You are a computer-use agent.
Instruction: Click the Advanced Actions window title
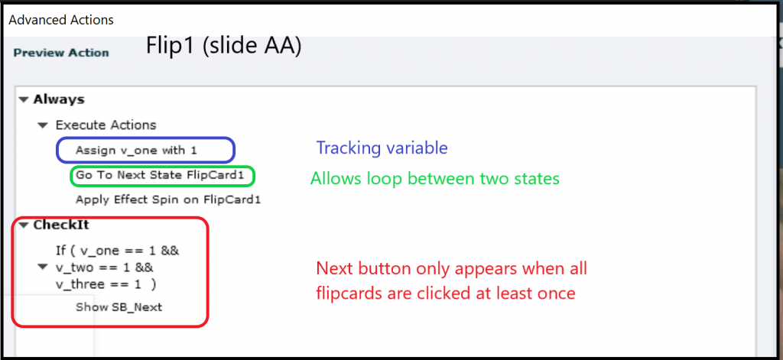tap(61, 21)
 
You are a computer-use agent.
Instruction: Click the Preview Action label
tap(61, 53)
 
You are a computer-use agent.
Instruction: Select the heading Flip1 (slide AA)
tap(224, 47)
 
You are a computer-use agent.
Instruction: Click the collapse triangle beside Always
tap(24, 100)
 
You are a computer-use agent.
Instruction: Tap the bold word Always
tap(59, 99)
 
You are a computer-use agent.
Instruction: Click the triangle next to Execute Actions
tap(44, 125)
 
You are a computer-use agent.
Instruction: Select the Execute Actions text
tap(106, 125)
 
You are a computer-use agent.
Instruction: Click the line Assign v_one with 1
tap(136, 150)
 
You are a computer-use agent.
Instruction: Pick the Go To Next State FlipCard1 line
tap(162, 175)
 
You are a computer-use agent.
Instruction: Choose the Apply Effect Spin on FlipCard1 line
tap(168, 200)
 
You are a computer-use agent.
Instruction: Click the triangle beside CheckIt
tap(24, 225)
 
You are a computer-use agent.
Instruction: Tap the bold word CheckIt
tap(61, 225)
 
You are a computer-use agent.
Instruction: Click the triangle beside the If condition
tap(44, 268)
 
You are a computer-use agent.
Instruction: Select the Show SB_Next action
tap(119, 307)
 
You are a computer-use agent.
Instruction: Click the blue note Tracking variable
tap(382, 148)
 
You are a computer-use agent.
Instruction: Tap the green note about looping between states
tap(435, 179)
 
